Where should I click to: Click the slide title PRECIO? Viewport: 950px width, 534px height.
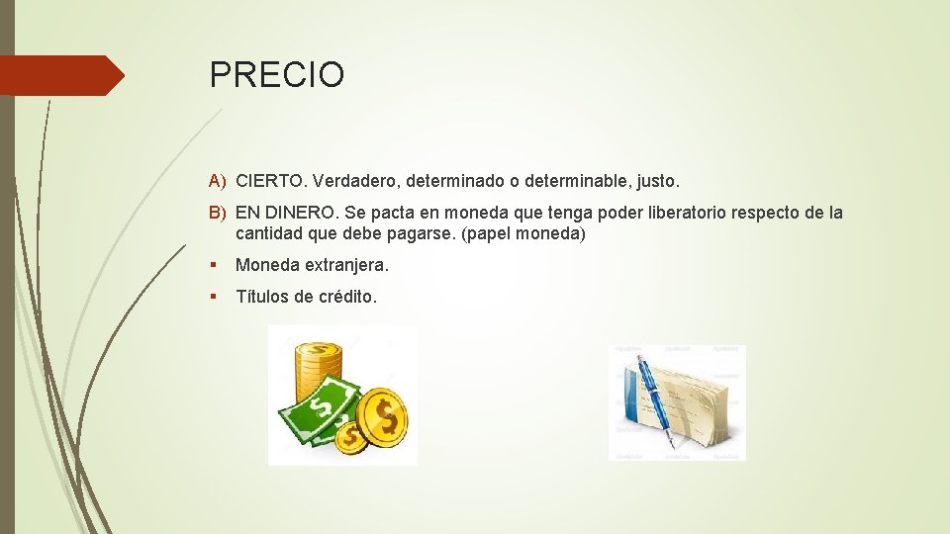(x=276, y=75)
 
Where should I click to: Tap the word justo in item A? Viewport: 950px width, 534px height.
(x=657, y=182)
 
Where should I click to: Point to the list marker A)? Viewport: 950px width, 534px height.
(x=218, y=182)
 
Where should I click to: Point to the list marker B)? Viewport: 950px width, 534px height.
(x=218, y=213)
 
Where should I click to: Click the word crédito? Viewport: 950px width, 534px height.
(x=346, y=297)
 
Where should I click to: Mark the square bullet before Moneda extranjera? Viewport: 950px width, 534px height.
(x=215, y=266)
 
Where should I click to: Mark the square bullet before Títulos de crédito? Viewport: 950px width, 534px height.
(x=215, y=297)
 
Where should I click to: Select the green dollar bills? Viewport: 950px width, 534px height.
(x=317, y=415)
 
